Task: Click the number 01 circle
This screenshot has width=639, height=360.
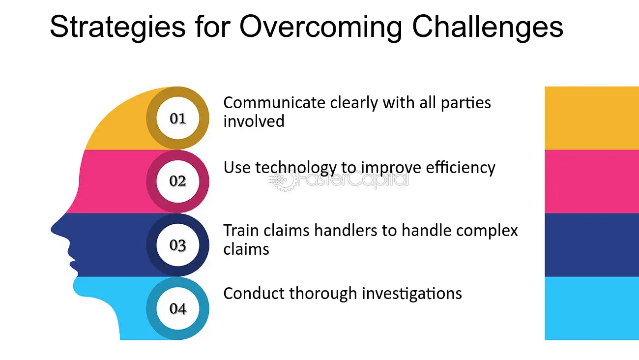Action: [x=178, y=119]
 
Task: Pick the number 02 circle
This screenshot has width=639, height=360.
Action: [x=178, y=181]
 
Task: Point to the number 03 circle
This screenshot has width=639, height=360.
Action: [x=178, y=245]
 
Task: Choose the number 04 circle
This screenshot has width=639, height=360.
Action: [x=178, y=308]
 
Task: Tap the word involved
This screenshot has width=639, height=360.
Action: [x=254, y=121]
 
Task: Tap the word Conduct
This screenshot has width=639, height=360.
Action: [x=254, y=293]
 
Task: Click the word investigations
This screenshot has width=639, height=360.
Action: [x=412, y=294]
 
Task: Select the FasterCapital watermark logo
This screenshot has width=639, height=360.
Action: [x=339, y=181]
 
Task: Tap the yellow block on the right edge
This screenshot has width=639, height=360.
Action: [x=592, y=118]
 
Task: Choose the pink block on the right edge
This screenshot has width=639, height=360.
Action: [x=592, y=181]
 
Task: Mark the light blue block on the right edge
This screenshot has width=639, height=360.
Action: [x=592, y=308]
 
